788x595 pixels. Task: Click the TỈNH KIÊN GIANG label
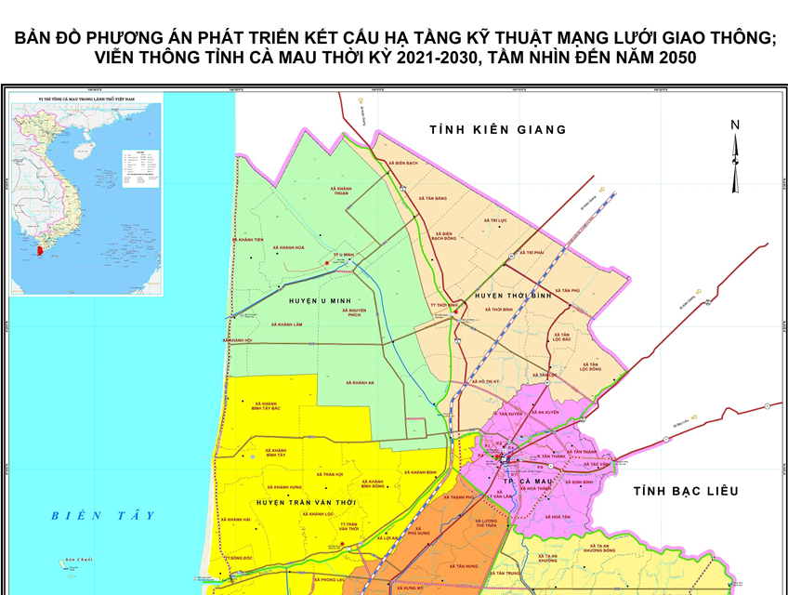(x=497, y=130)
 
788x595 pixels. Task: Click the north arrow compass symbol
(x=734, y=158)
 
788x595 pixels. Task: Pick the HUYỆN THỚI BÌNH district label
(x=513, y=296)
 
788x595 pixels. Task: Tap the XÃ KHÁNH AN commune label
(x=359, y=382)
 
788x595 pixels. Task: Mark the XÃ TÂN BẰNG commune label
(x=433, y=198)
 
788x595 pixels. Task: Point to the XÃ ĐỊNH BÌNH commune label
(x=578, y=483)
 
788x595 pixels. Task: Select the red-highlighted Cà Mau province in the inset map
(x=40, y=249)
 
